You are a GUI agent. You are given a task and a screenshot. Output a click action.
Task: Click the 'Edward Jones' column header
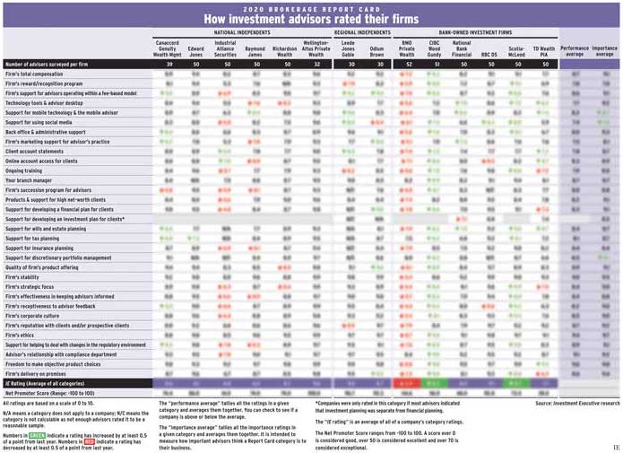click(196, 51)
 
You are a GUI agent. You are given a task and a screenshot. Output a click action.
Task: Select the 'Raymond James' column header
click(255, 51)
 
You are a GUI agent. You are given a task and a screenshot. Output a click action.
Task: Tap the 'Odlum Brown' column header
click(377, 51)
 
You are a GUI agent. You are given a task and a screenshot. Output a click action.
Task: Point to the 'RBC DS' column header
click(489, 54)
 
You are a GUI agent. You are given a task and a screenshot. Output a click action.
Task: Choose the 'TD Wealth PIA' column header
click(543, 51)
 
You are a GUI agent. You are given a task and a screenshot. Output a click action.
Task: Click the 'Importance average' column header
click(604, 51)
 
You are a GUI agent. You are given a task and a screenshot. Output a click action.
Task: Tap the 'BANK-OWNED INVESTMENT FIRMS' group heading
click(475, 31)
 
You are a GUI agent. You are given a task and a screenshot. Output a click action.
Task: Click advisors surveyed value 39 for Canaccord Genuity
click(169, 64)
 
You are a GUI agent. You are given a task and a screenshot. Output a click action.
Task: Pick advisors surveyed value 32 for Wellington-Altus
click(315, 64)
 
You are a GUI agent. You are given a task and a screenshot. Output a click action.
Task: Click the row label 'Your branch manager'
click(29, 179)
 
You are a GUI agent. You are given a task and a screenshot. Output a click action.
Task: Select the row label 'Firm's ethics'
click(22, 334)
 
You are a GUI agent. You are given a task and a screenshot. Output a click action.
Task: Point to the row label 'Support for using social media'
click(41, 121)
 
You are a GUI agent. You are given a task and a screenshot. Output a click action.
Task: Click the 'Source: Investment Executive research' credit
click(576, 404)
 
